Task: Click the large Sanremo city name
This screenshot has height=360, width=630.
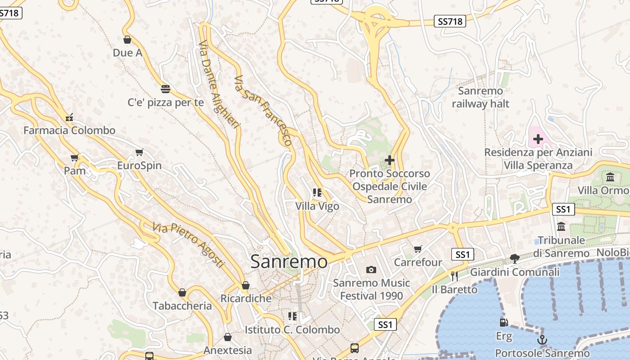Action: (x=289, y=261)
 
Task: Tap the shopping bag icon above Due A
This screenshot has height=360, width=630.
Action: (x=127, y=40)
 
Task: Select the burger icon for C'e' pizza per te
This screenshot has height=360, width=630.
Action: (x=166, y=89)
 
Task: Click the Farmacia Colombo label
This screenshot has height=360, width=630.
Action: (x=69, y=130)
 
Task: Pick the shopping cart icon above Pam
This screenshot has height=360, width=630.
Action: (x=75, y=157)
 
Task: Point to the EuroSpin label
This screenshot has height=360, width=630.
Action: (x=139, y=165)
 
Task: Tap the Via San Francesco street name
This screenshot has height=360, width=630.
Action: (x=263, y=110)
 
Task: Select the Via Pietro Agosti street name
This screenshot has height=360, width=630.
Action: (x=188, y=245)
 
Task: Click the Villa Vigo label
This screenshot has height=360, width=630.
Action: (x=317, y=206)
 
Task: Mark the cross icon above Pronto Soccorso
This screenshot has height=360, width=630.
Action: (x=390, y=160)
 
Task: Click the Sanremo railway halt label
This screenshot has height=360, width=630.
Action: (x=481, y=97)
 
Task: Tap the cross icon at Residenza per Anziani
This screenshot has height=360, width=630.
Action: (x=538, y=139)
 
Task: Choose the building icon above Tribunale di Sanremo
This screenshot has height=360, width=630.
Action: (x=561, y=226)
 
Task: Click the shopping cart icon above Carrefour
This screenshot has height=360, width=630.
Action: (x=418, y=248)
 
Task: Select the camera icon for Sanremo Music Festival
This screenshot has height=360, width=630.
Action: (x=371, y=270)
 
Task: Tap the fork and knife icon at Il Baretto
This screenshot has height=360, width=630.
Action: (x=454, y=275)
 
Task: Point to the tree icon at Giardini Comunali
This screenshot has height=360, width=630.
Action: (x=515, y=258)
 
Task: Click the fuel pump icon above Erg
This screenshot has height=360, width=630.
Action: (x=504, y=322)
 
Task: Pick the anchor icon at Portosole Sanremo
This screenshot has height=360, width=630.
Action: (x=542, y=339)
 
